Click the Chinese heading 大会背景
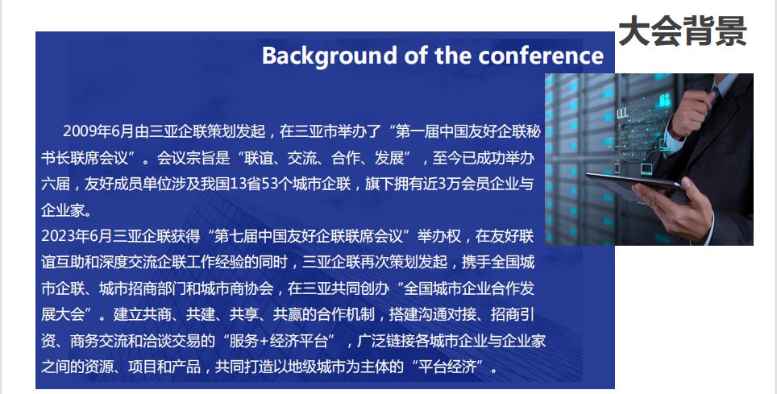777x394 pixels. (683, 31)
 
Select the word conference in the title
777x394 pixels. (541, 55)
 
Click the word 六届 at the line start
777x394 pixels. (56, 184)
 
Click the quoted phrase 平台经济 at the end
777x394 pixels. (447, 367)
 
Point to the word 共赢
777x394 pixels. (288, 314)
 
